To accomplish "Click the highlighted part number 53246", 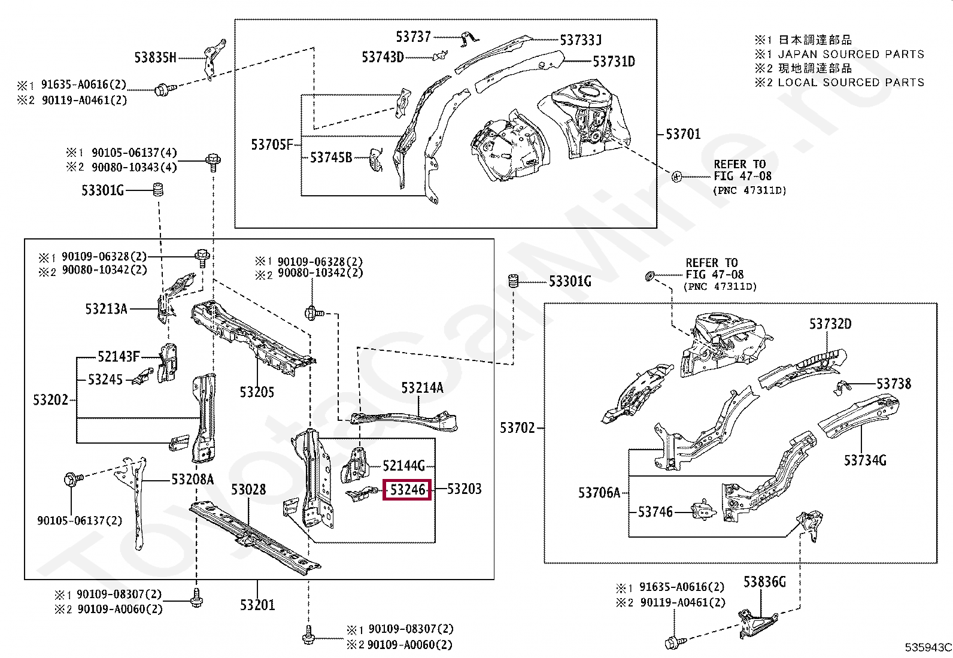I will (407, 490).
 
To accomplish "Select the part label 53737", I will (413, 37).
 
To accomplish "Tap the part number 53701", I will (683, 134).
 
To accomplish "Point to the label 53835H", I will (155, 57).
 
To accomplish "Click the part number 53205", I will (257, 392).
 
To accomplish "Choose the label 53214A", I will (422, 388).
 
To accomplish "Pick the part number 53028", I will (248, 490).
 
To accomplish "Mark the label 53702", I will (517, 428).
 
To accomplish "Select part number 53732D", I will (830, 324).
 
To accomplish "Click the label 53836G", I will (764, 582).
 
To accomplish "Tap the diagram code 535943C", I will (928, 647).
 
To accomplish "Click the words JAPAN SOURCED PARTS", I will (851, 54).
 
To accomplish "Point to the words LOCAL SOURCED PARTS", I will (851, 83).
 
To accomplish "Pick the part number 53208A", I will (192, 480).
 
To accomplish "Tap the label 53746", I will (655, 512).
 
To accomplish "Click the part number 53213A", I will (106, 309).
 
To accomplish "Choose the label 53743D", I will (383, 57).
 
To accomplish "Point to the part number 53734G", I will (865, 460).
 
